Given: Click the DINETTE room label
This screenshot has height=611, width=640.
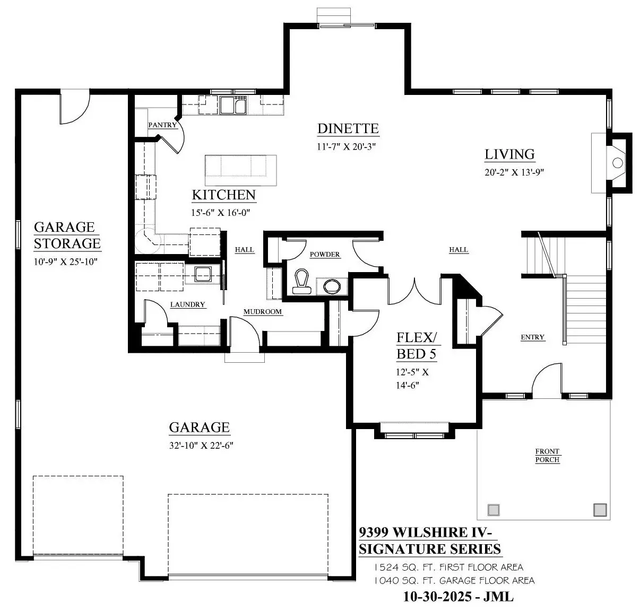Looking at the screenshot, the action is (348, 128).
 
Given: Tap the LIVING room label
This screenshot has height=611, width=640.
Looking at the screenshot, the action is (510, 154).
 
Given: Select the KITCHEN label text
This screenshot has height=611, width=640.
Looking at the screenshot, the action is (223, 195).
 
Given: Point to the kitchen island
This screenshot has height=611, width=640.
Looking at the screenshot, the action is (240, 170).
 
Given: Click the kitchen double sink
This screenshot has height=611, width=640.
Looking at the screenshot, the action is (233, 105).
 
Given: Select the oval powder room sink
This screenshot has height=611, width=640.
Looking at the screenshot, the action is (332, 286).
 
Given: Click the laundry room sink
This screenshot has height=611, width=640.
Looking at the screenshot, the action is (203, 274).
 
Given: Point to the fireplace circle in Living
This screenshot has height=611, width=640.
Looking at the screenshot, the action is (618, 162).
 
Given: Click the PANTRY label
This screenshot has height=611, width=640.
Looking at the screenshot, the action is (162, 125).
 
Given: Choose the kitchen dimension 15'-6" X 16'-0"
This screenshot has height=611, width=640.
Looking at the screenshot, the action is (221, 213).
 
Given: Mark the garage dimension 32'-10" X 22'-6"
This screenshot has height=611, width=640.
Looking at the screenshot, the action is (201, 446).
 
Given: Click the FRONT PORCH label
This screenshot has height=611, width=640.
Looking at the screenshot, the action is (547, 455).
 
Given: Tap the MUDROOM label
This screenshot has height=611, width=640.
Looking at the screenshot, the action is (263, 311).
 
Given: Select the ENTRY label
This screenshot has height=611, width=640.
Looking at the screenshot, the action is (532, 337).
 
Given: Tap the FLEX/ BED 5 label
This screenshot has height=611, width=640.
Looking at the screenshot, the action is (417, 346).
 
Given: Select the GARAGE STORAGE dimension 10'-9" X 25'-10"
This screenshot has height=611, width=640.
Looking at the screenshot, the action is (66, 261).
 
